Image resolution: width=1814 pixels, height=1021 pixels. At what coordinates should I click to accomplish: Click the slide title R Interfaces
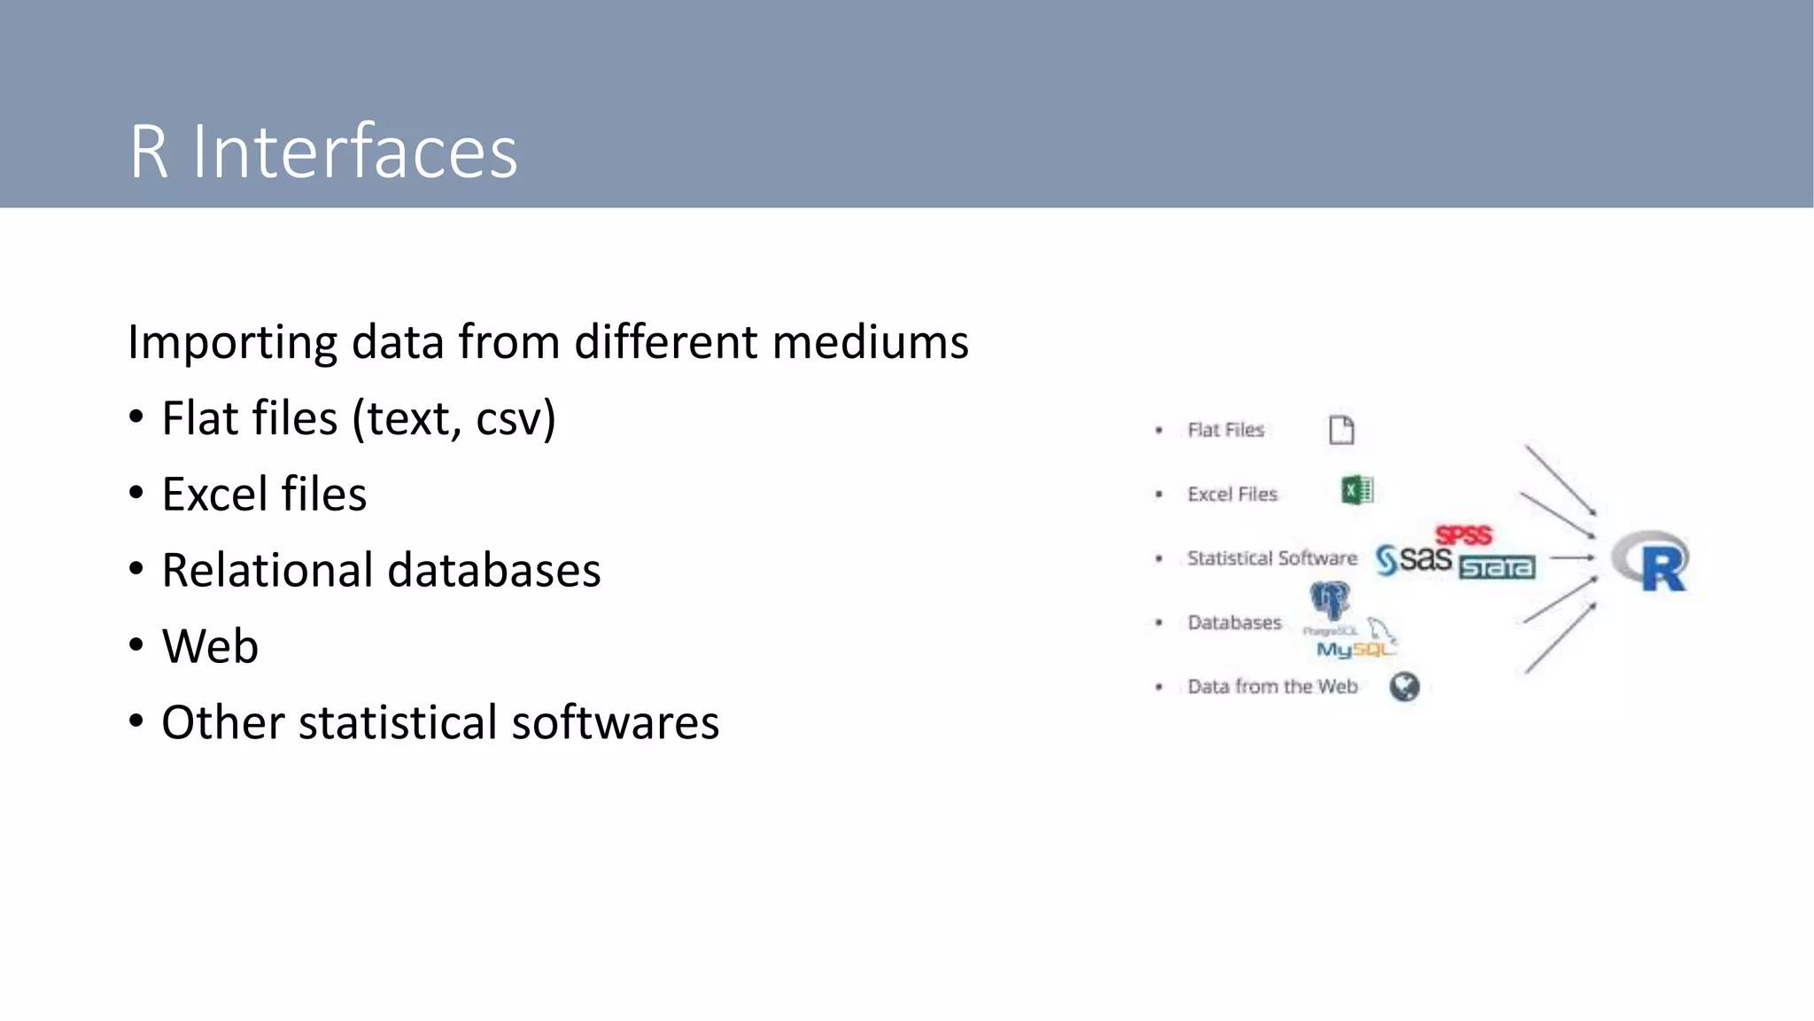(x=323, y=152)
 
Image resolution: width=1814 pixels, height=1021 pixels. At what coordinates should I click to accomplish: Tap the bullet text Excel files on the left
(x=264, y=495)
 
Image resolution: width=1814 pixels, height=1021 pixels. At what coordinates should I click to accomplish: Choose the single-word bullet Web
(x=210, y=646)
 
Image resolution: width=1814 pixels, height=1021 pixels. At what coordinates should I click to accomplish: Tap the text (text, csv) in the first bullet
(x=453, y=418)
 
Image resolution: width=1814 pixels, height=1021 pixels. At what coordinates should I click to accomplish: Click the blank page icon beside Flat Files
(x=1341, y=430)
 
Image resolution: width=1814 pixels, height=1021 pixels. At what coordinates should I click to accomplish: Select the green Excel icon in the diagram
(x=1357, y=490)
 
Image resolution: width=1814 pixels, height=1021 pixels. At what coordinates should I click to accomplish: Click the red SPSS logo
(x=1463, y=535)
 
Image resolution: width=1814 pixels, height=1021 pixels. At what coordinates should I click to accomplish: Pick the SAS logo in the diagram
(x=1414, y=559)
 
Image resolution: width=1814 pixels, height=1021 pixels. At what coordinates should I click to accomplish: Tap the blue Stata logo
(x=1497, y=567)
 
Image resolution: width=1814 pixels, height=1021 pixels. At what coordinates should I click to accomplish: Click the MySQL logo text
(x=1353, y=650)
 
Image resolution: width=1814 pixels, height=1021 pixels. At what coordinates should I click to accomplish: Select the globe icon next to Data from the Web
(x=1404, y=687)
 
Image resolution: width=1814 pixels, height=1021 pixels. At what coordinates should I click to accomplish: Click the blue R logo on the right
(x=1652, y=561)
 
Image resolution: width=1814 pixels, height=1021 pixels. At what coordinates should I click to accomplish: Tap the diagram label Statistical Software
(x=1272, y=558)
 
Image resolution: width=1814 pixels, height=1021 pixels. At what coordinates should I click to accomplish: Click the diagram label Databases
(x=1234, y=623)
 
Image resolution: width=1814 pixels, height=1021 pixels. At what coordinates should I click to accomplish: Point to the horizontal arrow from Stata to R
(x=1572, y=558)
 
